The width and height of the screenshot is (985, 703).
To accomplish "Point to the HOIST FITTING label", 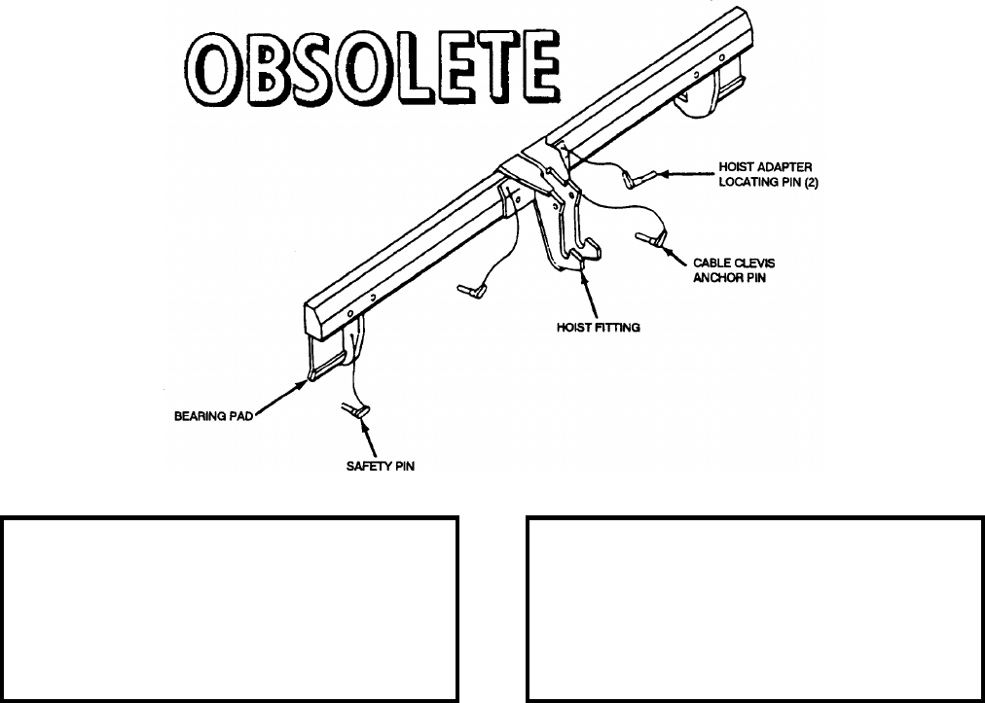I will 592,328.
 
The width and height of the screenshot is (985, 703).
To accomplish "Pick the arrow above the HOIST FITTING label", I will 588,296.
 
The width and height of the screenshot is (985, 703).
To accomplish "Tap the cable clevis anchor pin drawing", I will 648,237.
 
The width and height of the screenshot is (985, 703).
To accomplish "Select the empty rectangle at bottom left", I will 230,609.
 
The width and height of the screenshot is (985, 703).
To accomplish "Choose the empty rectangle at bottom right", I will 754,609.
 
